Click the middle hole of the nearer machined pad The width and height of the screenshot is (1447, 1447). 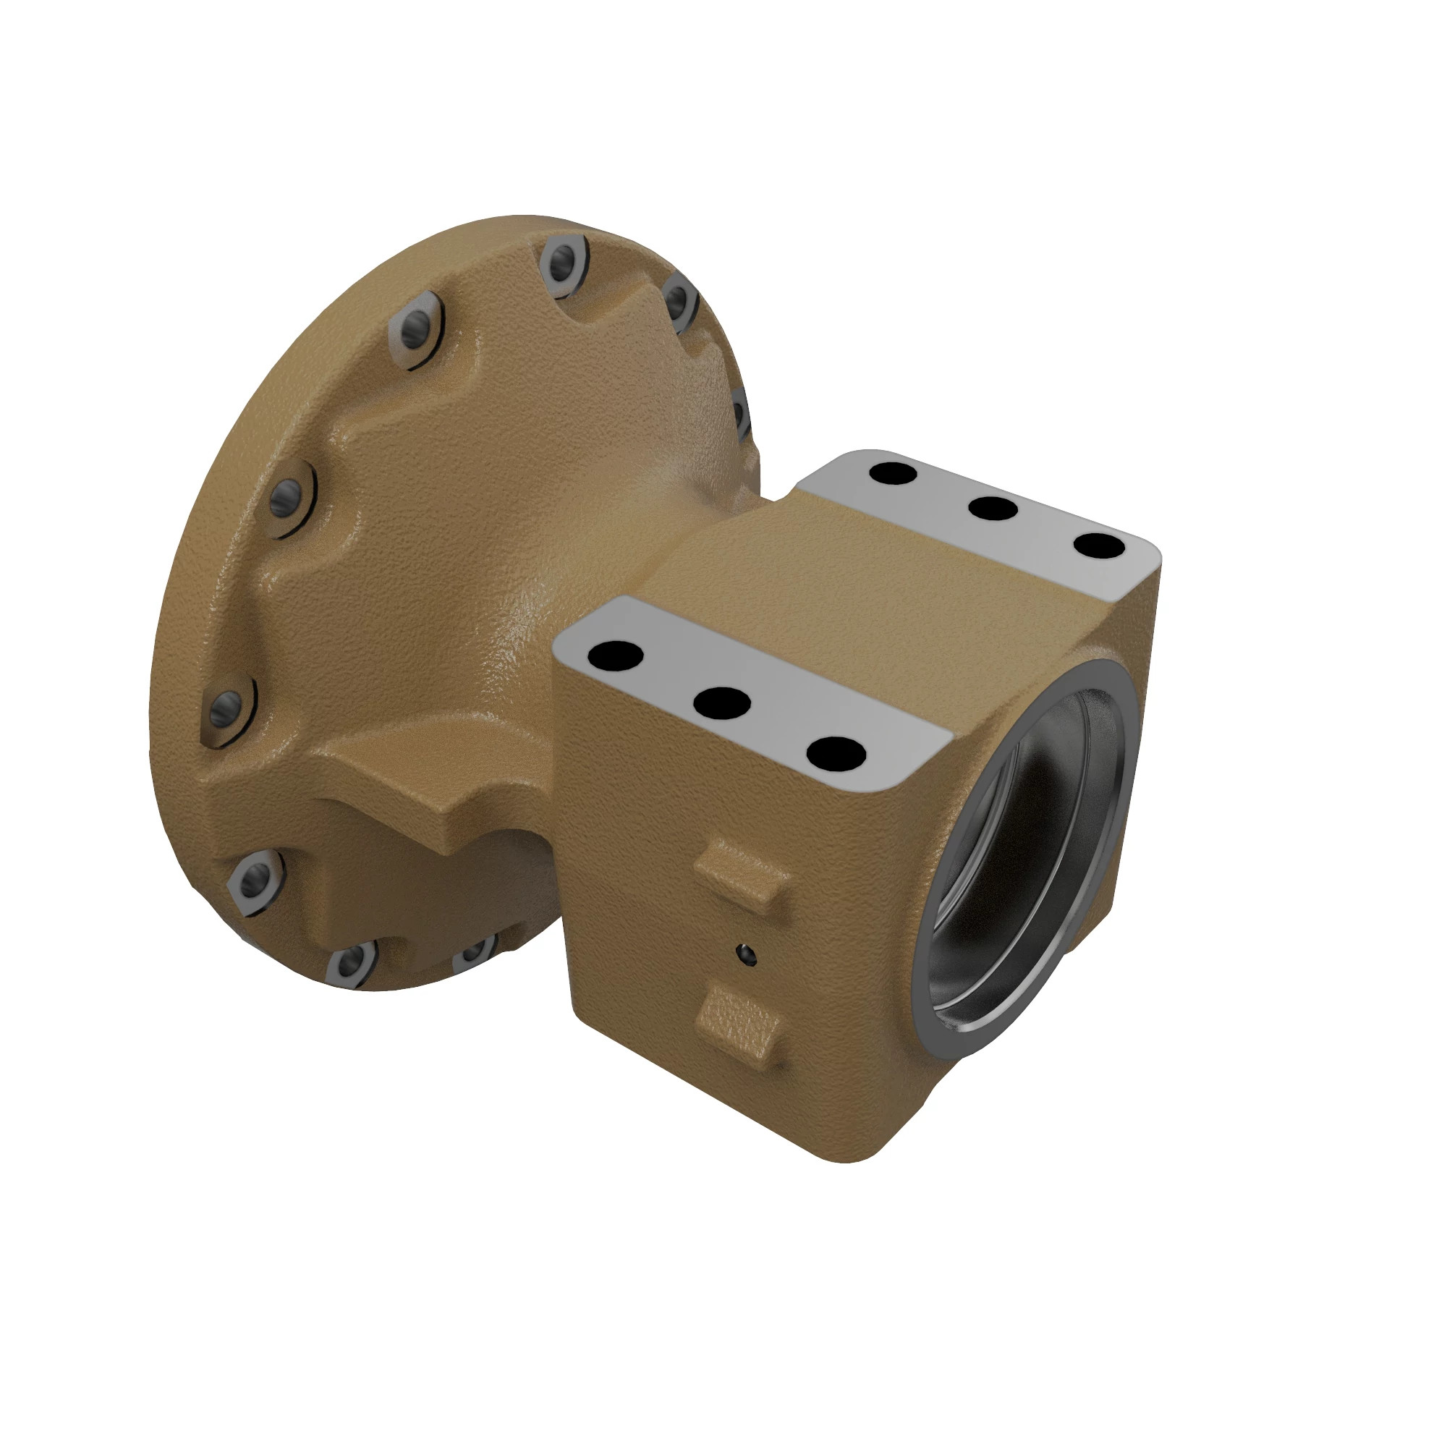tap(721, 703)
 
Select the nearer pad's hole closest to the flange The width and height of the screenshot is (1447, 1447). tap(616, 655)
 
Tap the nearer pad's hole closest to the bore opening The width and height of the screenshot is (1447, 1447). tap(837, 753)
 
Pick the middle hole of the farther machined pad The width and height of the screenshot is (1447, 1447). tap(993, 509)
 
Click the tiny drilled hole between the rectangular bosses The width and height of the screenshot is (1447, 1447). tap(746, 954)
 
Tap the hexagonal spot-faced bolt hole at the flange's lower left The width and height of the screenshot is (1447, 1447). tap(255, 876)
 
